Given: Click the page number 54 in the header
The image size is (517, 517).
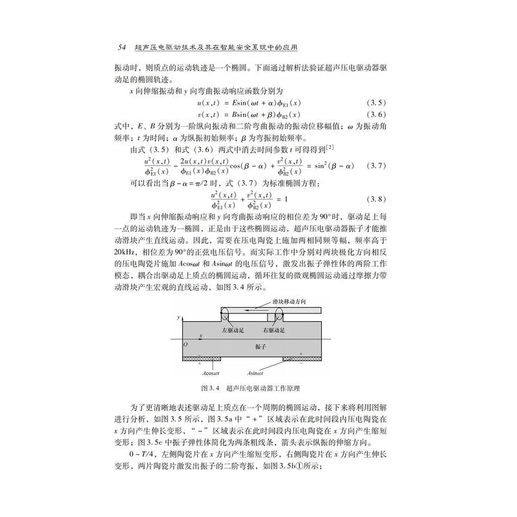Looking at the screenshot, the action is click(x=121, y=48).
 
